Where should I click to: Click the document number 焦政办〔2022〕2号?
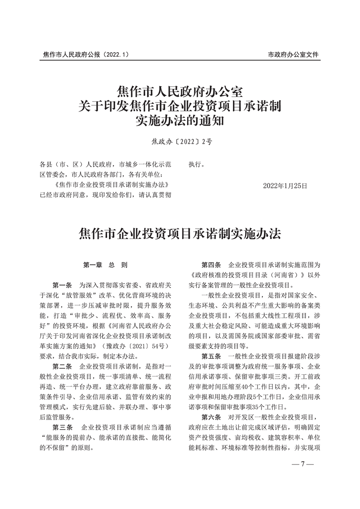pyautogui.click(x=180, y=142)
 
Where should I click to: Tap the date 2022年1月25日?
pyautogui.click(x=285, y=186)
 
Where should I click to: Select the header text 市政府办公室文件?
pyautogui.click(x=293, y=54)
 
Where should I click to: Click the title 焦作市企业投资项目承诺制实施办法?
pyautogui.click(x=180, y=234)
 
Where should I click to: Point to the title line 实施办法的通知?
pyautogui.click(x=180, y=122)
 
